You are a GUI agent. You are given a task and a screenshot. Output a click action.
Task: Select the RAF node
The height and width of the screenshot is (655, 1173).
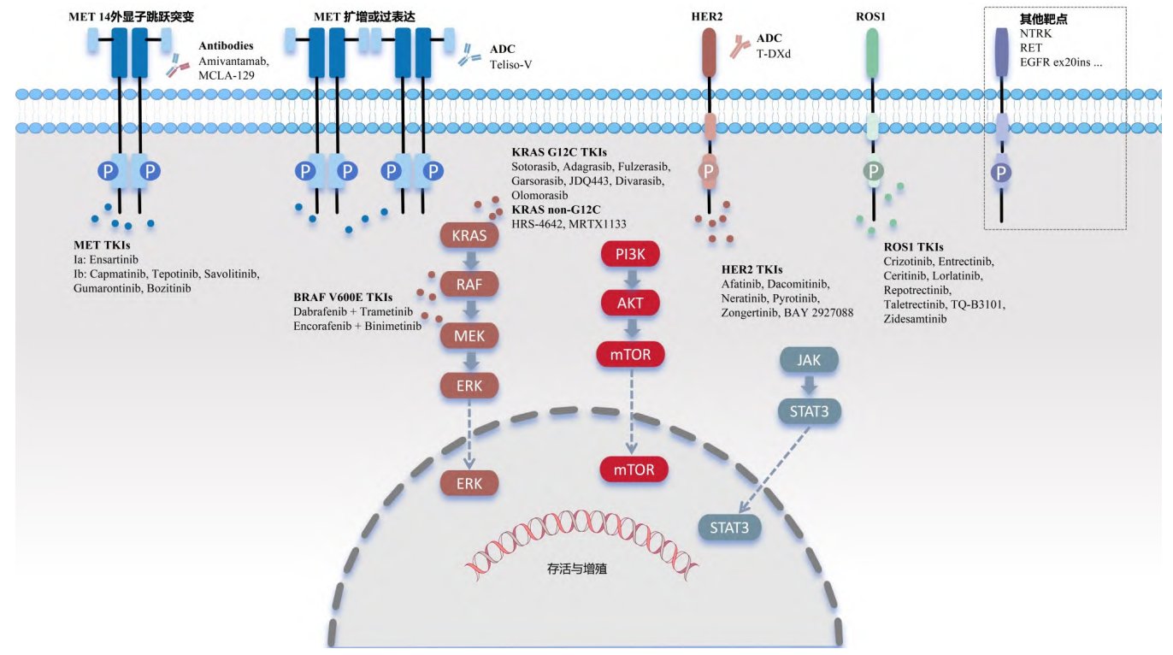pos(469,285)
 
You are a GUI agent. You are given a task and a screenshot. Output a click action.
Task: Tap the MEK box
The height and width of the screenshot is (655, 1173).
pos(469,335)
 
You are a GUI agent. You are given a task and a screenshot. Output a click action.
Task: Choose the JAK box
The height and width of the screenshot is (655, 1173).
pos(808,361)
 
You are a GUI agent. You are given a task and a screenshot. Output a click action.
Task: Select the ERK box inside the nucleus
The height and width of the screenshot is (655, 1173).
pos(469,484)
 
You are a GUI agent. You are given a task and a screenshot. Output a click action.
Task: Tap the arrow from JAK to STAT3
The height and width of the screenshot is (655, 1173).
pos(808,387)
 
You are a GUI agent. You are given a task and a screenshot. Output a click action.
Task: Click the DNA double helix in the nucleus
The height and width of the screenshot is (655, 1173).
pos(582,546)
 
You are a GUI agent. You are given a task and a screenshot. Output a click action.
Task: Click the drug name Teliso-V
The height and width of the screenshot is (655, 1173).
pos(510,64)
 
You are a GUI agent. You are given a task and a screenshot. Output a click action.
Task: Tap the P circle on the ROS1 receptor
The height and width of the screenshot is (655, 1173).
pos(872,172)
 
